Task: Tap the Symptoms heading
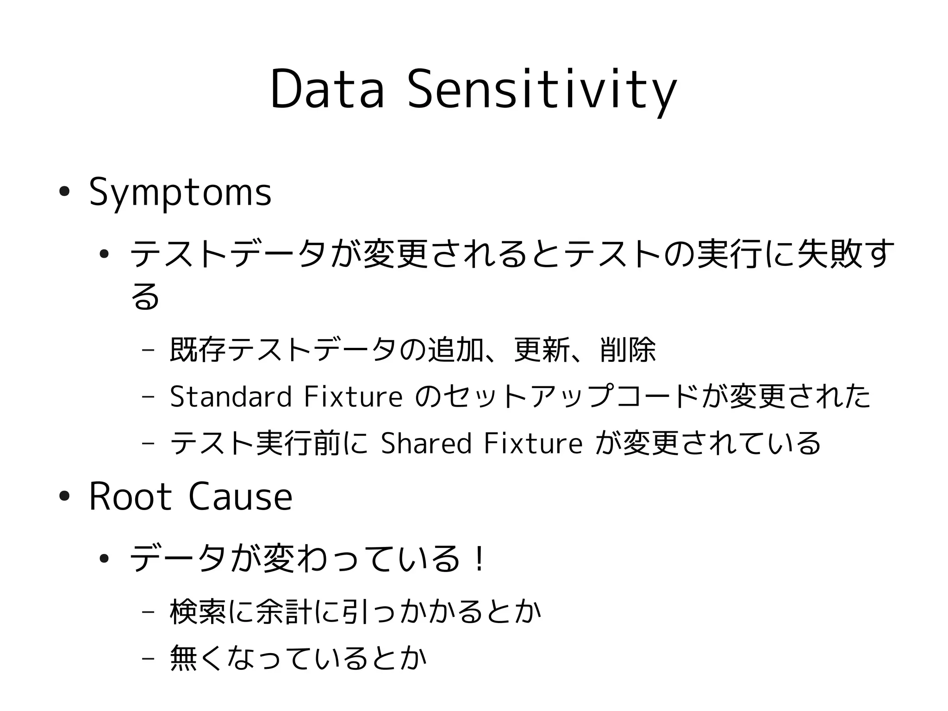coord(180,192)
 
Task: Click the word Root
coord(130,497)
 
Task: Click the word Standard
coord(231,396)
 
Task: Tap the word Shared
coord(426,443)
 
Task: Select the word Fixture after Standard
coord(353,396)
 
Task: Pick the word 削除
coord(627,350)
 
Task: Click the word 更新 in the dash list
coord(542,350)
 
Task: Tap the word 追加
coord(455,350)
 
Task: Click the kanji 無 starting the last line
coord(184,658)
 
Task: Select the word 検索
coord(198,611)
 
